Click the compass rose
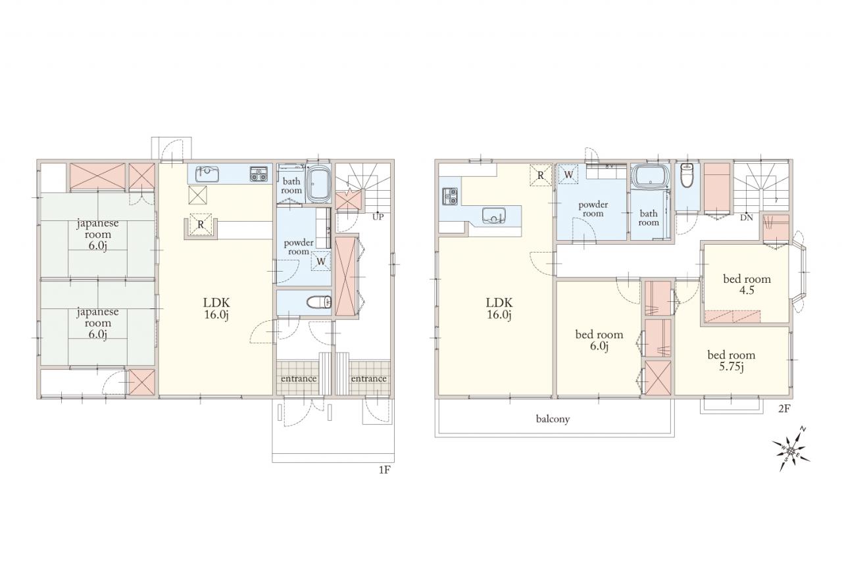(x=791, y=450)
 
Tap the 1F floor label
(x=384, y=470)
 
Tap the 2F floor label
(x=784, y=408)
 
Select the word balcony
(x=553, y=418)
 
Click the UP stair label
(x=378, y=217)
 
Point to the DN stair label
(x=747, y=218)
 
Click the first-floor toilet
(x=319, y=302)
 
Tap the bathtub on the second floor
(x=651, y=176)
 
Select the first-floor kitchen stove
(x=259, y=174)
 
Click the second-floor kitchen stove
(x=450, y=196)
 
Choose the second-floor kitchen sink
(x=493, y=215)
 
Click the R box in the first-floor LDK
(x=201, y=225)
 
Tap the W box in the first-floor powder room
(x=320, y=261)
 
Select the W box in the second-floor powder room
(x=568, y=175)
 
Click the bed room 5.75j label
(x=731, y=360)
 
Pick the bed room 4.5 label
(x=747, y=284)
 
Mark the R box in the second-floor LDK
(x=541, y=175)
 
